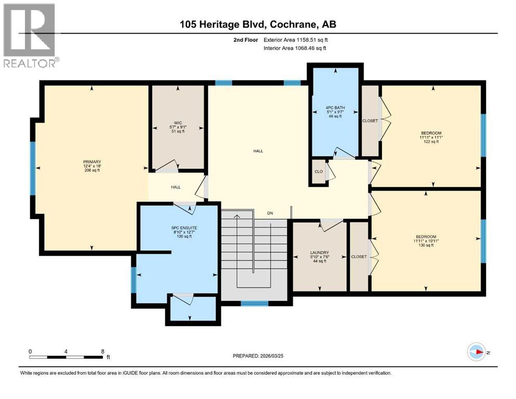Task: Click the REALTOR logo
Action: coord(30,35)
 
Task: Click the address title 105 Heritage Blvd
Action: coord(258,25)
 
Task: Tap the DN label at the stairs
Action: coord(270,213)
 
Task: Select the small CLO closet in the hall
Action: coord(319,172)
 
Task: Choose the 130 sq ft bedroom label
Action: coord(430,242)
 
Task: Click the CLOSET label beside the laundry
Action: coord(359,257)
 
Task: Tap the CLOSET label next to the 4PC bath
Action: coord(370,121)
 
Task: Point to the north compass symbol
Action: coord(476,352)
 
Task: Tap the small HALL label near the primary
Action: coord(176,187)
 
